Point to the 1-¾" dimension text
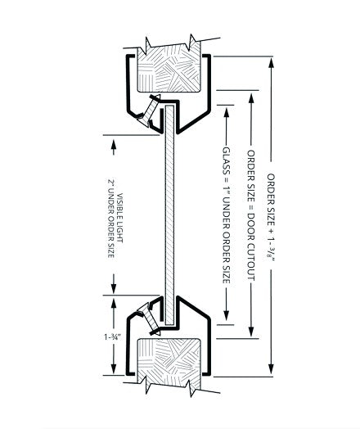point(112,336)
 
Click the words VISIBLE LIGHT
point(119,218)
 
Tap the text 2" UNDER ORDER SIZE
point(110,218)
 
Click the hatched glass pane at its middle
point(169,215)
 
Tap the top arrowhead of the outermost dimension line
point(271,63)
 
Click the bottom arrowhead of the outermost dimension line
point(271,369)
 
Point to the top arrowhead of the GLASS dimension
point(227,112)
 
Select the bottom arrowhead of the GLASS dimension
point(227,315)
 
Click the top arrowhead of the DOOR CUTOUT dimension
point(251,97)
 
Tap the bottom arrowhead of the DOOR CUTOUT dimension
point(251,332)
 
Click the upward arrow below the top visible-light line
point(114,147)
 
